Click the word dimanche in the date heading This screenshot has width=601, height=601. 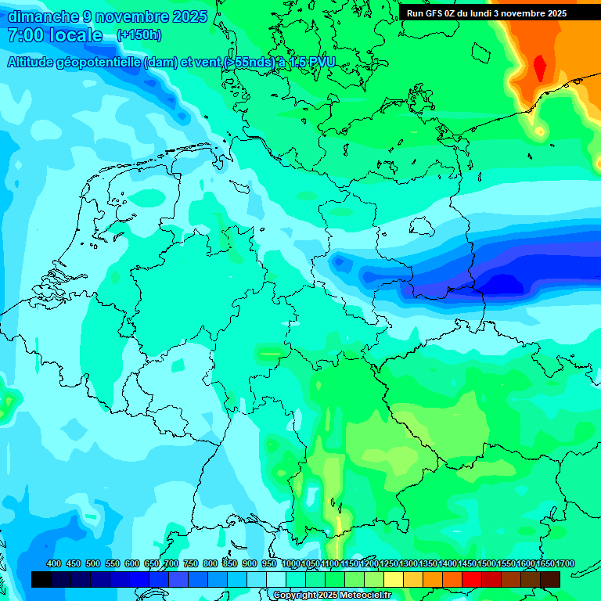(x=43, y=16)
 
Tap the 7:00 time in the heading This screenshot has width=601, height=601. (x=24, y=35)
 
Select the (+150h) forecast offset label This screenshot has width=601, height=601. (x=139, y=35)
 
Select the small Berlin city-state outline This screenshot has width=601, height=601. (x=421, y=226)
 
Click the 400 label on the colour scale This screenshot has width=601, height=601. (x=54, y=563)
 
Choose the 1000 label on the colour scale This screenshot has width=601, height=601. (x=290, y=563)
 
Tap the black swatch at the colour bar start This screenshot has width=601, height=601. (x=41, y=579)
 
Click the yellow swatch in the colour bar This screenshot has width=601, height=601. (x=394, y=579)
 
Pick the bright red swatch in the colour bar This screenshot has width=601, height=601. (x=472, y=579)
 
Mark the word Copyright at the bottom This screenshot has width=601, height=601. (x=297, y=596)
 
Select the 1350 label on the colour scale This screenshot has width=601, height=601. (x=428, y=563)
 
